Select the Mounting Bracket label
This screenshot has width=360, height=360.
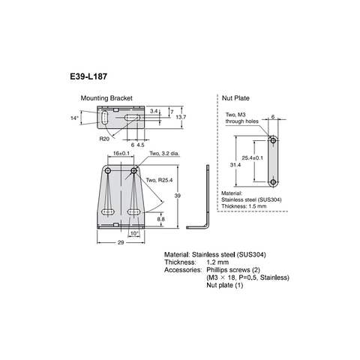point(107,98)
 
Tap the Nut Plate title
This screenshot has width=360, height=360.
point(234,98)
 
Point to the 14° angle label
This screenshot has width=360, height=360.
point(74,118)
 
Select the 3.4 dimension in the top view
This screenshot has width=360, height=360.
point(154,110)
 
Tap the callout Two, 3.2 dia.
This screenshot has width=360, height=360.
point(166,153)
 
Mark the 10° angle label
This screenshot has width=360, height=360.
point(134,233)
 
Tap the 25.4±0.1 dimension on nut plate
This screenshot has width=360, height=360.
point(253,158)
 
